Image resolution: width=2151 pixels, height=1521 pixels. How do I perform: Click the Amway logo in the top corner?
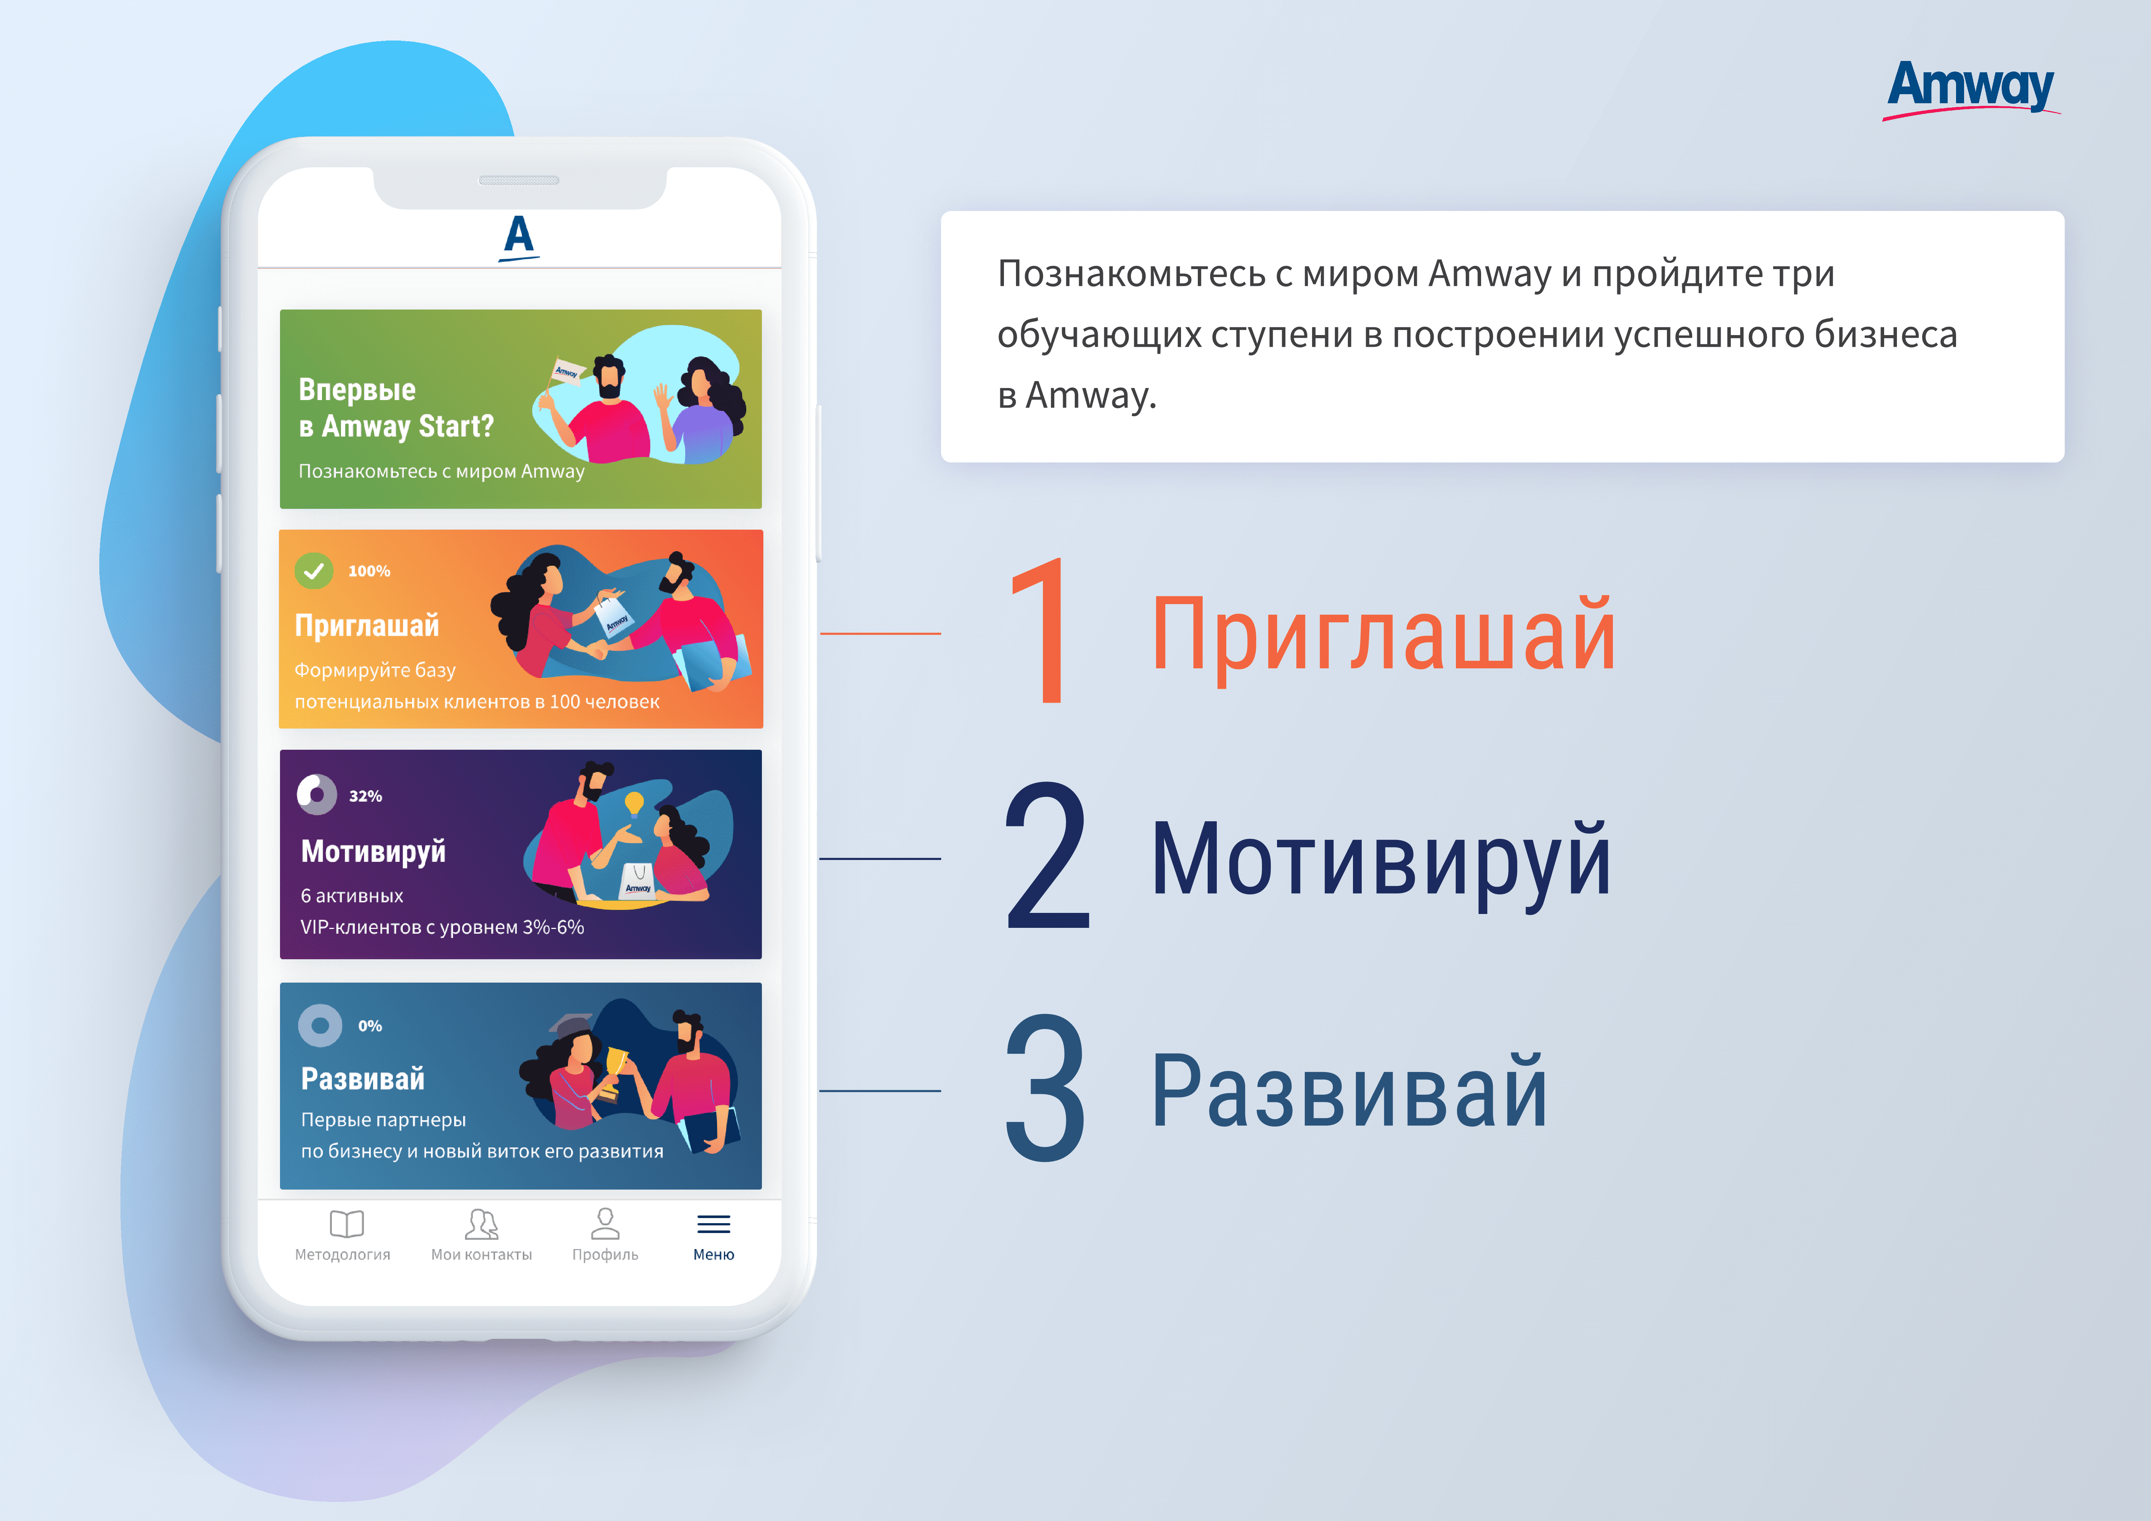[x=1971, y=89]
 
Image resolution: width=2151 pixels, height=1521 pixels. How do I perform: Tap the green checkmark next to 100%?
[x=314, y=571]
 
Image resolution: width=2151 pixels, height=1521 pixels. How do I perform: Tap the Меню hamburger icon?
[x=714, y=1224]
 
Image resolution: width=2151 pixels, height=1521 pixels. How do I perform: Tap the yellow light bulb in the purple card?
[x=634, y=804]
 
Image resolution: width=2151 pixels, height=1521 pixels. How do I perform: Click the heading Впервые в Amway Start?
[x=395, y=407]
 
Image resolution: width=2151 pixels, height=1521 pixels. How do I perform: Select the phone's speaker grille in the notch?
[x=519, y=180]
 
